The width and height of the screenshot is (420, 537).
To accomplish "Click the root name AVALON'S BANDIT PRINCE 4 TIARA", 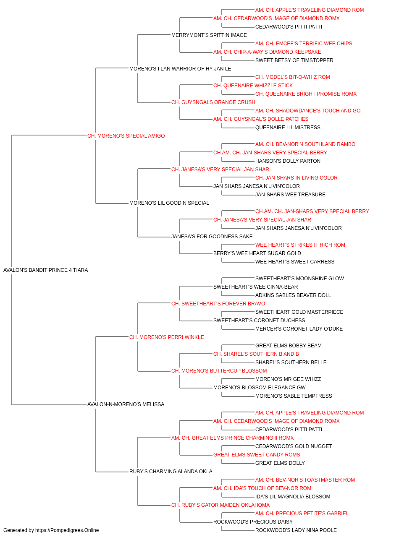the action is [45, 270].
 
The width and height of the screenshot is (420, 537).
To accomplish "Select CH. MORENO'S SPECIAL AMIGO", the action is [126, 136].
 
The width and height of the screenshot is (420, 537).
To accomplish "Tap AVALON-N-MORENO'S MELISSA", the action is [126, 404].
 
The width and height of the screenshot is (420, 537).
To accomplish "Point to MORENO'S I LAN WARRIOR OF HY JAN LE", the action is [180, 69].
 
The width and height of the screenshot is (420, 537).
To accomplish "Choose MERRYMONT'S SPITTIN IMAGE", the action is [209, 35].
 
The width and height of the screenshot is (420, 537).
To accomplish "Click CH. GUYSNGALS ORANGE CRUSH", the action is [213, 102].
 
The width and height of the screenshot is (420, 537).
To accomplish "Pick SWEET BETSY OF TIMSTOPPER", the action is [294, 60].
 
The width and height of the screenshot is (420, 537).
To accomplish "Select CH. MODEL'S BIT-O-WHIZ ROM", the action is [293, 77].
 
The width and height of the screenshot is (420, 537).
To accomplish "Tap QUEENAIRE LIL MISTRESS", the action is [288, 128].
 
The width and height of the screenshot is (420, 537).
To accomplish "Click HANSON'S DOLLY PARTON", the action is [288, 161].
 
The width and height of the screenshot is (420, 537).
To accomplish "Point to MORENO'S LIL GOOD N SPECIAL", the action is [169, 203].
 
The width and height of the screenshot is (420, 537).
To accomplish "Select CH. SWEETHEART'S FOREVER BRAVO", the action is [218, 304].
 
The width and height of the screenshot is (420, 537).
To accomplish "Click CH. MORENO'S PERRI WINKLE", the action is [167, 337].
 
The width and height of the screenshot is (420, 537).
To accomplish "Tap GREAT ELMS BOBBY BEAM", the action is [289, 346].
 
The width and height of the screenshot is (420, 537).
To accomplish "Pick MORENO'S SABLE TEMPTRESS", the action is [294, 396].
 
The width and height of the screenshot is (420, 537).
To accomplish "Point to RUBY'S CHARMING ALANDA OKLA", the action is [171, 472].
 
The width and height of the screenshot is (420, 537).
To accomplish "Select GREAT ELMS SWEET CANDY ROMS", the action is [257, 455].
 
